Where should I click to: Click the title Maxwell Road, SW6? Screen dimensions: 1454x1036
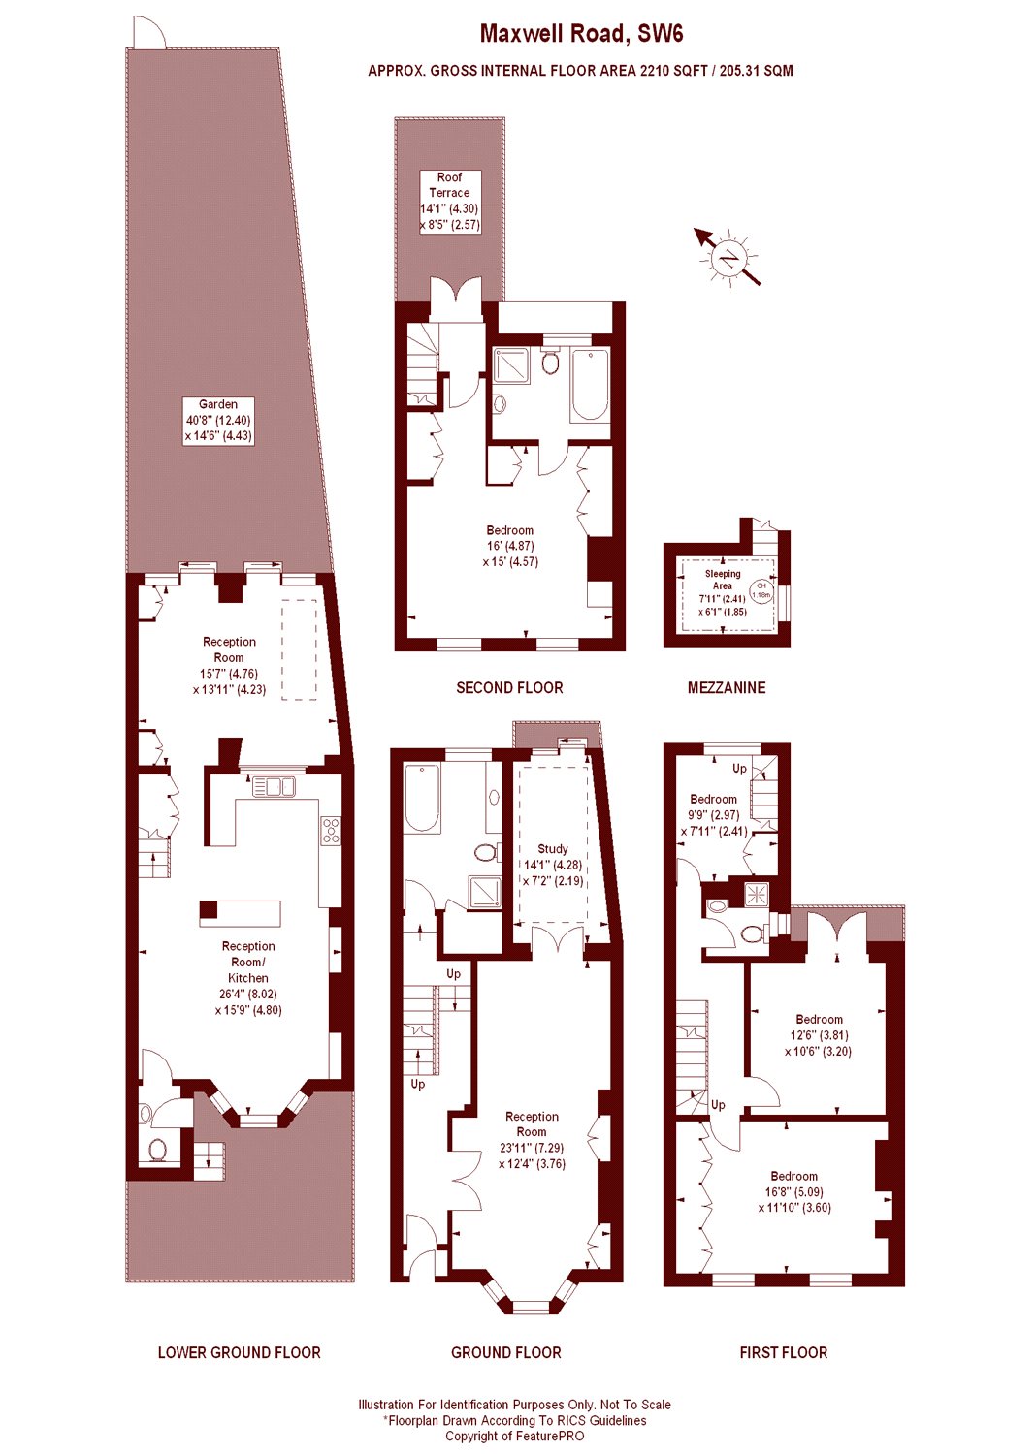pos(581,34)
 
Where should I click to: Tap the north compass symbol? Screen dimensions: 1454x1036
pos(728,258)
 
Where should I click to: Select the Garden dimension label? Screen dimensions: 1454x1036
pos(218,421)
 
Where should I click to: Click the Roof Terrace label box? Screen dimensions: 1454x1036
pos(449,201)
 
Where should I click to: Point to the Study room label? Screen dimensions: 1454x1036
pos(553,865)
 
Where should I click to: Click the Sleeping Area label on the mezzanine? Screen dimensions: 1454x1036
pos(723,591)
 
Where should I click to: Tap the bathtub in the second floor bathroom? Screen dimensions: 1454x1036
pos(590,385)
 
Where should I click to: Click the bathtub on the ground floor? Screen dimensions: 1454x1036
pos(423,799)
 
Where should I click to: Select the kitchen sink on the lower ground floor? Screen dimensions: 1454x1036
pos(274,786)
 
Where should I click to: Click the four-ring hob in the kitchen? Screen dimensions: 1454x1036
pos(331,831)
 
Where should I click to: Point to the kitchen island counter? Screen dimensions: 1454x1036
pos(241,913)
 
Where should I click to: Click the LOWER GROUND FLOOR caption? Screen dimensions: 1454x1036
pos(239,1352)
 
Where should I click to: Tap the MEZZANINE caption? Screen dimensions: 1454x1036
pos(727,687)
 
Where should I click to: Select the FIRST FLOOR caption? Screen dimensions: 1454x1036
pos(783,1352)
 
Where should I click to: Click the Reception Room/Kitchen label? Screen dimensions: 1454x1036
pos(248,977)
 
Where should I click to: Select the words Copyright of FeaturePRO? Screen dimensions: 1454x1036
pos(515,1437)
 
